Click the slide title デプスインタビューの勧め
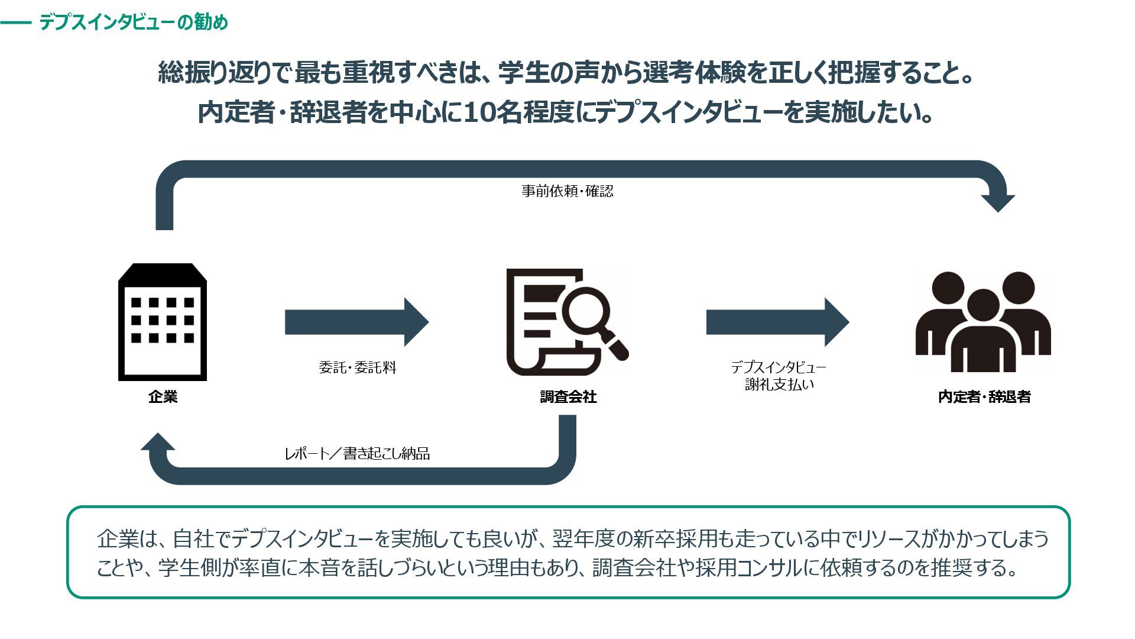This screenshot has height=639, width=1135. [134, 22]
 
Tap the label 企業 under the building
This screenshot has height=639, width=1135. [163, 397]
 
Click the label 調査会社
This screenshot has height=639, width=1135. [568, 397]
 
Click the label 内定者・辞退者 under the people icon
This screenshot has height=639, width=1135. [984, 397]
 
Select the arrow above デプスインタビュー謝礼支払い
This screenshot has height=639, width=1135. [777, 322]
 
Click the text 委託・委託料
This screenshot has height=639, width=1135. [357, 367]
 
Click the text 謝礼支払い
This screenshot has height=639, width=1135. [779, 385]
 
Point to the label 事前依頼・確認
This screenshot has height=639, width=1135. [567, 191]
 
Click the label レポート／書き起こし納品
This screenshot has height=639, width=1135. [357, 454]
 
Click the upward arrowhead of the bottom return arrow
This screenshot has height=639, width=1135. [158, 443]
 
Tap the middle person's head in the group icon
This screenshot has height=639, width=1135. [983, 304]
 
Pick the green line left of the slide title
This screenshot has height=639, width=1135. [16, 23]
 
